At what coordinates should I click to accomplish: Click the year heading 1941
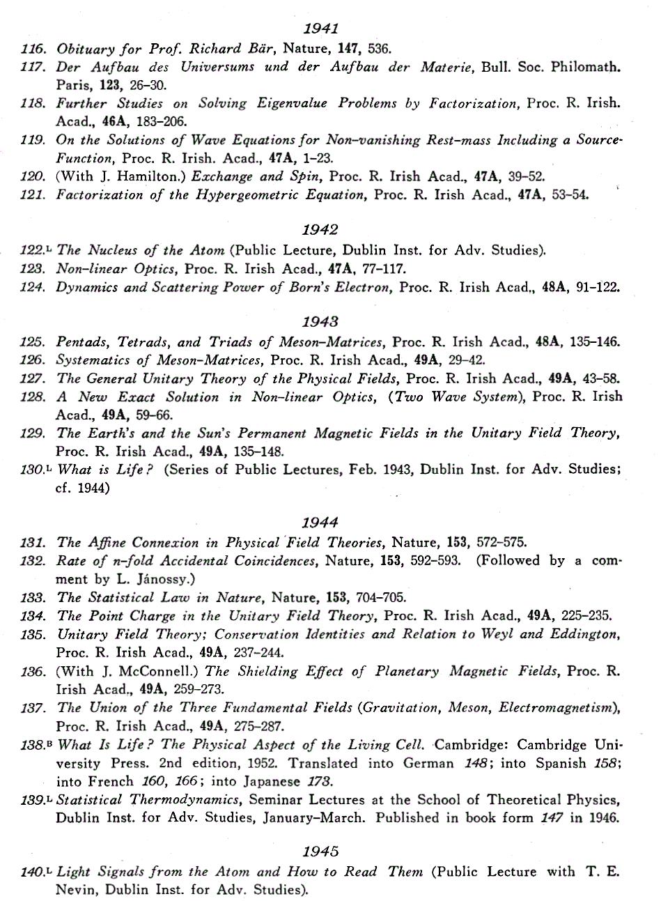(x=321, y=29)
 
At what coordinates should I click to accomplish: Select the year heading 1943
(x=321, y=322)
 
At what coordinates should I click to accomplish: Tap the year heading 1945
(x=321, y=852)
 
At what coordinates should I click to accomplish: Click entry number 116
(x=33, y=49)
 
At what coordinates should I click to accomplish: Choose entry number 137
(x=33, y=707)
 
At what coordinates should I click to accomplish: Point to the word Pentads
(x=81, y=342)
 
